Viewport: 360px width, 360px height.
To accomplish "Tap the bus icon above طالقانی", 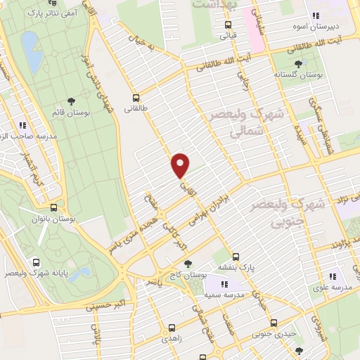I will (136, 98).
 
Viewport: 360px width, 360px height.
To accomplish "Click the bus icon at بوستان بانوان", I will (54, 207).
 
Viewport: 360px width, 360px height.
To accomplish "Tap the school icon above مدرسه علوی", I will (333, 276).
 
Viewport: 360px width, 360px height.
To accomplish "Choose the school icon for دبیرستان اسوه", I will (316, 15).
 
